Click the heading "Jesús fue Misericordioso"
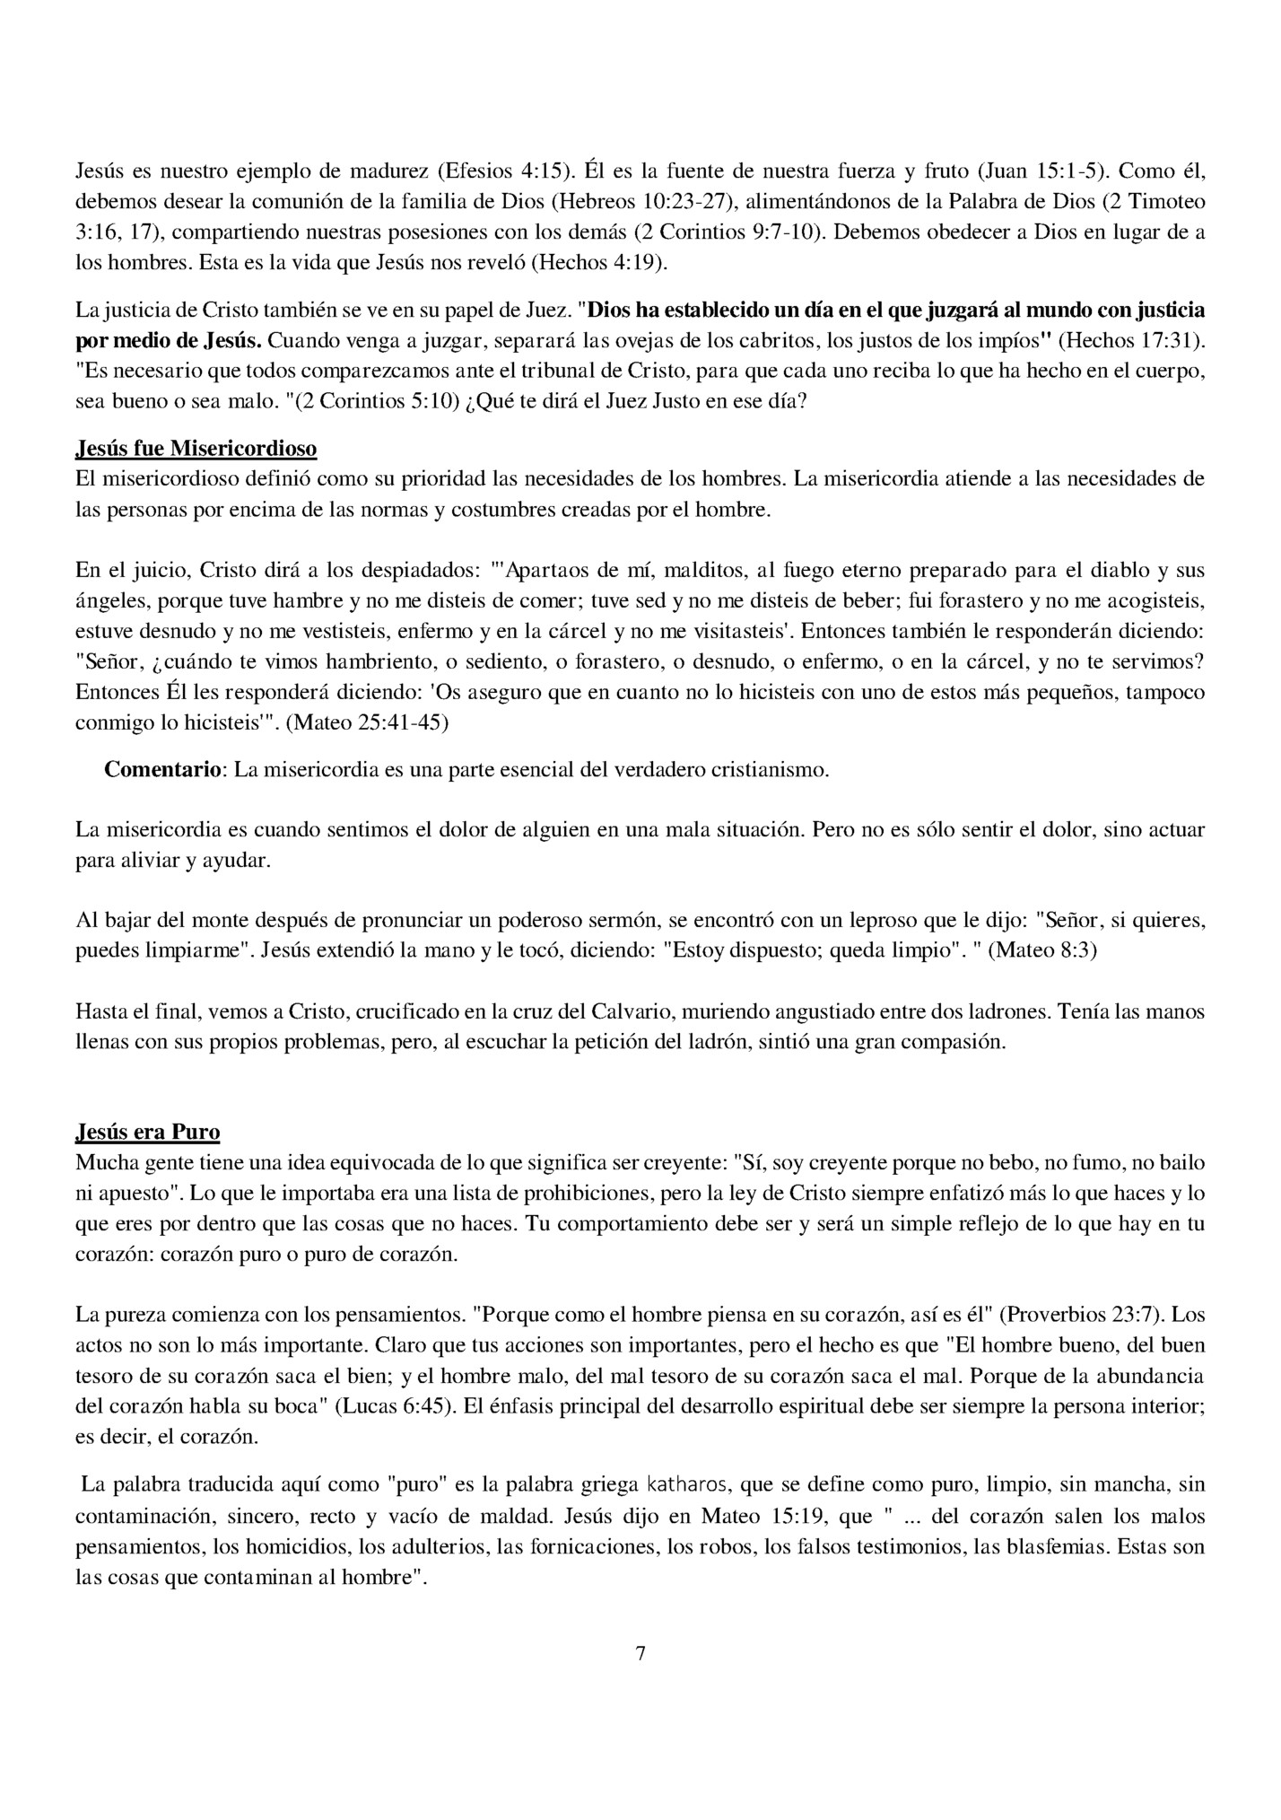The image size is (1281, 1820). pyautogui.click(x=196, y=448)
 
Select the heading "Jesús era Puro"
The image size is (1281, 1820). pyautogui.click(x=148, y=1132)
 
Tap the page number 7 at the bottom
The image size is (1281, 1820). pyautogui.click(x=640, y=1653)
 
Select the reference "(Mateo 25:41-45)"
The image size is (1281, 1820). pyautogui.click(x=367, y=722)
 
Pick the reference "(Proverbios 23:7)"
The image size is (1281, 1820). pyautogui.click(x=1080, y=1316)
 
